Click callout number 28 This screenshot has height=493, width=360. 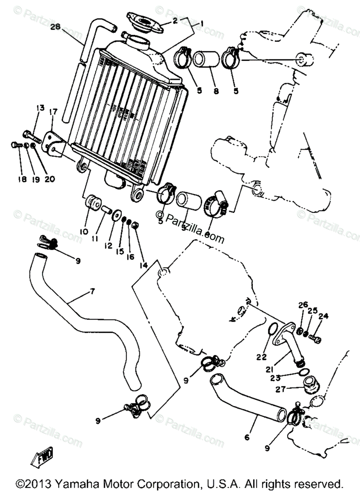(55, 27)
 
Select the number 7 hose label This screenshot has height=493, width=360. (92, 292)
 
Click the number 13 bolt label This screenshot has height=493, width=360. (40, 108)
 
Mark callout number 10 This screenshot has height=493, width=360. (84, 231)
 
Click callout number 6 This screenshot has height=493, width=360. (247, 438)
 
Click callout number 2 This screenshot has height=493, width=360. (175, 20)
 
